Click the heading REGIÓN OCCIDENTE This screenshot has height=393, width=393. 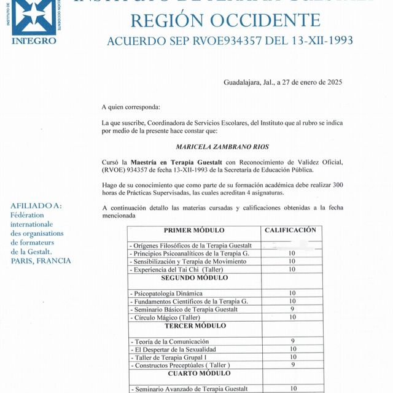225,21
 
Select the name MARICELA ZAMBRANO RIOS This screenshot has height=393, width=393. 222,147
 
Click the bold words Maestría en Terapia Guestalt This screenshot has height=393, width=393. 176,161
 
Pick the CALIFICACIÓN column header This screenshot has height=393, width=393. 290,230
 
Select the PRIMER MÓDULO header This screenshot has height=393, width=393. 194,230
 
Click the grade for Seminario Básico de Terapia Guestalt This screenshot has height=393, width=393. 292,309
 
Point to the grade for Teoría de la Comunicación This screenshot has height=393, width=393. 292,341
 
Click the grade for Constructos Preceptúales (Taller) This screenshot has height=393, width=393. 292,365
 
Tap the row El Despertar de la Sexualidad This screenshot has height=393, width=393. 175,349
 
